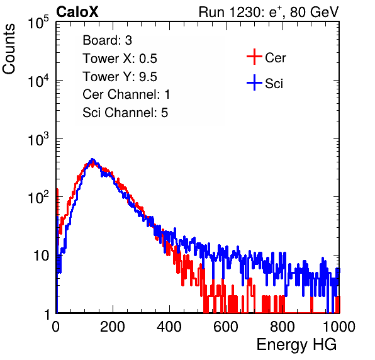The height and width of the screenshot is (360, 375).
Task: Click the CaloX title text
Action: (77, 12)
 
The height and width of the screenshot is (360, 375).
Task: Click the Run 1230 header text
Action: (269, 12)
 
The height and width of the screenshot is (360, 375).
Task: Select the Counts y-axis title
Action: (9, 49)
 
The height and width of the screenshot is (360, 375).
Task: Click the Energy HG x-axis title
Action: (296, 345)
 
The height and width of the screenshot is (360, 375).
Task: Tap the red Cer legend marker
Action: (254, 57)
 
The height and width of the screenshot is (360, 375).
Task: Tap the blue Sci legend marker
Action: (254, 82)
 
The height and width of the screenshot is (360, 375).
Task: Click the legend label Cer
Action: (275, 58)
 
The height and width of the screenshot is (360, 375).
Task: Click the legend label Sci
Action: (274, 84)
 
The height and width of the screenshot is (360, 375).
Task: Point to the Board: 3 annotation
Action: (107, 40)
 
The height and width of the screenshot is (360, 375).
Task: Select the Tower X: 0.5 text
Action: (120, 59)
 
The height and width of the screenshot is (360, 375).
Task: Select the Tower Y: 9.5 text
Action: (120, 77)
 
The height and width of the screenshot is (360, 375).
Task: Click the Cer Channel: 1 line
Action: (126, 94)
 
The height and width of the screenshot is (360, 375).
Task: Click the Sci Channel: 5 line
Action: (125, 113)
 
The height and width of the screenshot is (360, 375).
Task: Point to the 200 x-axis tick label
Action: (113, 327)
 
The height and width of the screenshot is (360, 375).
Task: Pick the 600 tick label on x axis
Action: (226, 327)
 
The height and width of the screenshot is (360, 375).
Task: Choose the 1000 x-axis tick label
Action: (339, 327)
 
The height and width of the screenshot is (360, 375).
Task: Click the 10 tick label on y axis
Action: (42, 256)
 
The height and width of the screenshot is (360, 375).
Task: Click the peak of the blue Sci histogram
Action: (92, 159)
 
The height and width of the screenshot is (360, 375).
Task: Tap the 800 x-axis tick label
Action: (283, 327)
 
